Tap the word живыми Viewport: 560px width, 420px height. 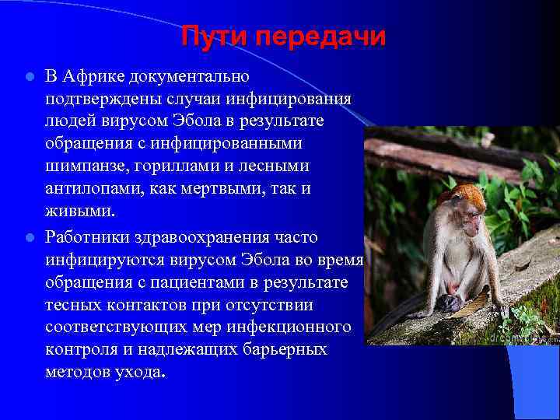click(x=79, y=212)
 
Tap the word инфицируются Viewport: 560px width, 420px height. click(x=103, y=257)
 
